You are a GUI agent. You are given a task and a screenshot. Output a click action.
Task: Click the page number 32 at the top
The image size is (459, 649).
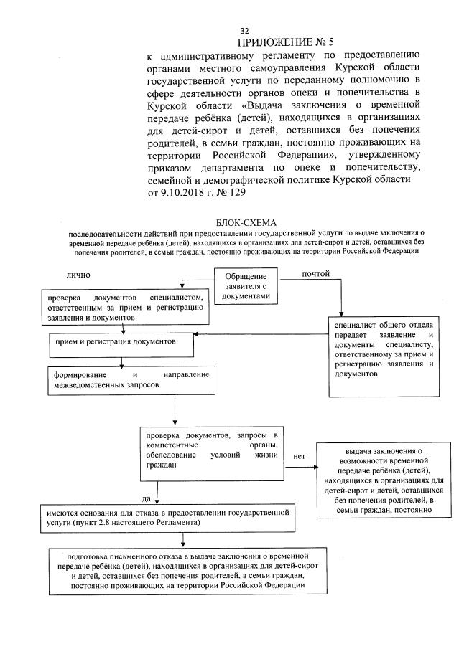[x=244, y=31]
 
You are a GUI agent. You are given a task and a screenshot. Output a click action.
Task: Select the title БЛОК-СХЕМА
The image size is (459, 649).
[x=245, y=224]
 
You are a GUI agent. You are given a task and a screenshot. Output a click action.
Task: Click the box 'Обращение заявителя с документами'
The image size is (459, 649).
[x=246, y=286]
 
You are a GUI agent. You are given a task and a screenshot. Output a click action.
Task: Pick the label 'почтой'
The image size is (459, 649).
[x=316, y=274]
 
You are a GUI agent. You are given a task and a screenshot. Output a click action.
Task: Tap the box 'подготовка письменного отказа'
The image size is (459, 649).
[x=187, y=570]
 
